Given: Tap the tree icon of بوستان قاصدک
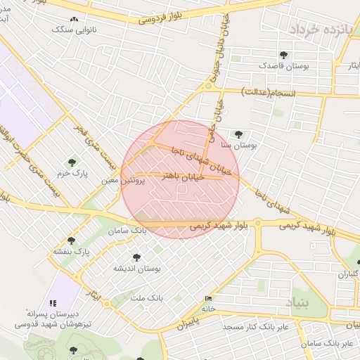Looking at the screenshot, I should point(283,54).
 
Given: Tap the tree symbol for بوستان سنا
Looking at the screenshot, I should point(238,133).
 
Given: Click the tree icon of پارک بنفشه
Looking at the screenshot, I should point(70,240).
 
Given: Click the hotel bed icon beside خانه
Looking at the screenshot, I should point(207,298).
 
